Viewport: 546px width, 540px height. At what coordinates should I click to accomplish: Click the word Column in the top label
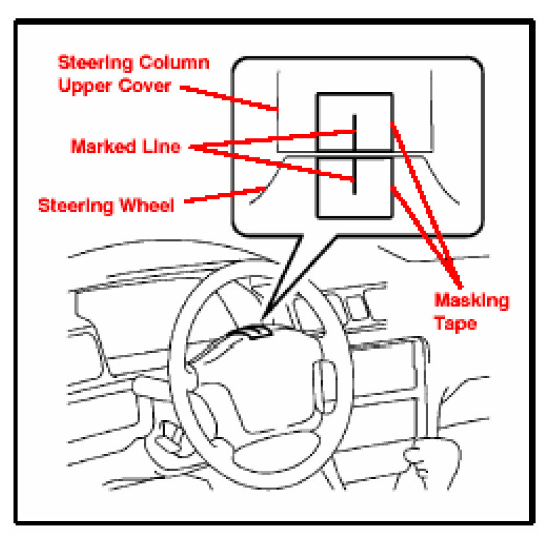pos(175,63)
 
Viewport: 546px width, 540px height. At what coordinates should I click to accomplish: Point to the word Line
pos(162,146)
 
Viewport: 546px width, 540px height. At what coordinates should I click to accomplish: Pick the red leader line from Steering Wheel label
pos(223,196)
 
